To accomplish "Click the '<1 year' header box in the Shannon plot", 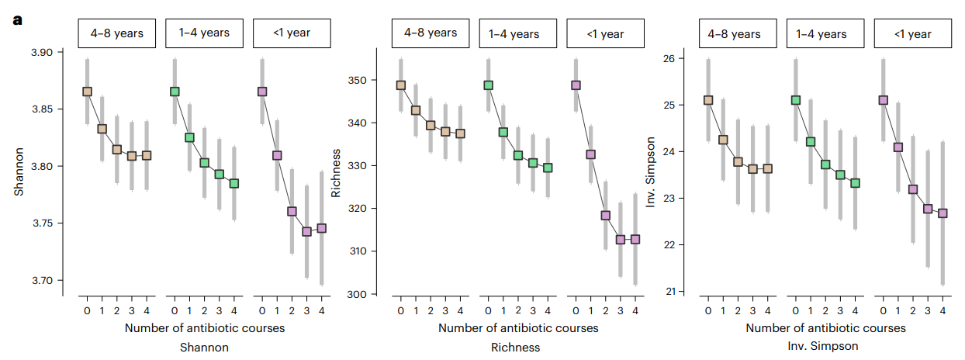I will point(292,33).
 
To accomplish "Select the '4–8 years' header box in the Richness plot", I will point(430,33).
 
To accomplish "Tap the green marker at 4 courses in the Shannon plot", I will point(234,184).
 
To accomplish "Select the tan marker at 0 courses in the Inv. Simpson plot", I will point(708,100).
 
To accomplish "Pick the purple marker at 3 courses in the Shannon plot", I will point(307,231).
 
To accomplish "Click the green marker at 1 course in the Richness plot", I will point(503,132).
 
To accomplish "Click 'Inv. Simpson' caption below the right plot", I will point(825,346).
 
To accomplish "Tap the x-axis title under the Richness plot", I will point(518,328).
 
